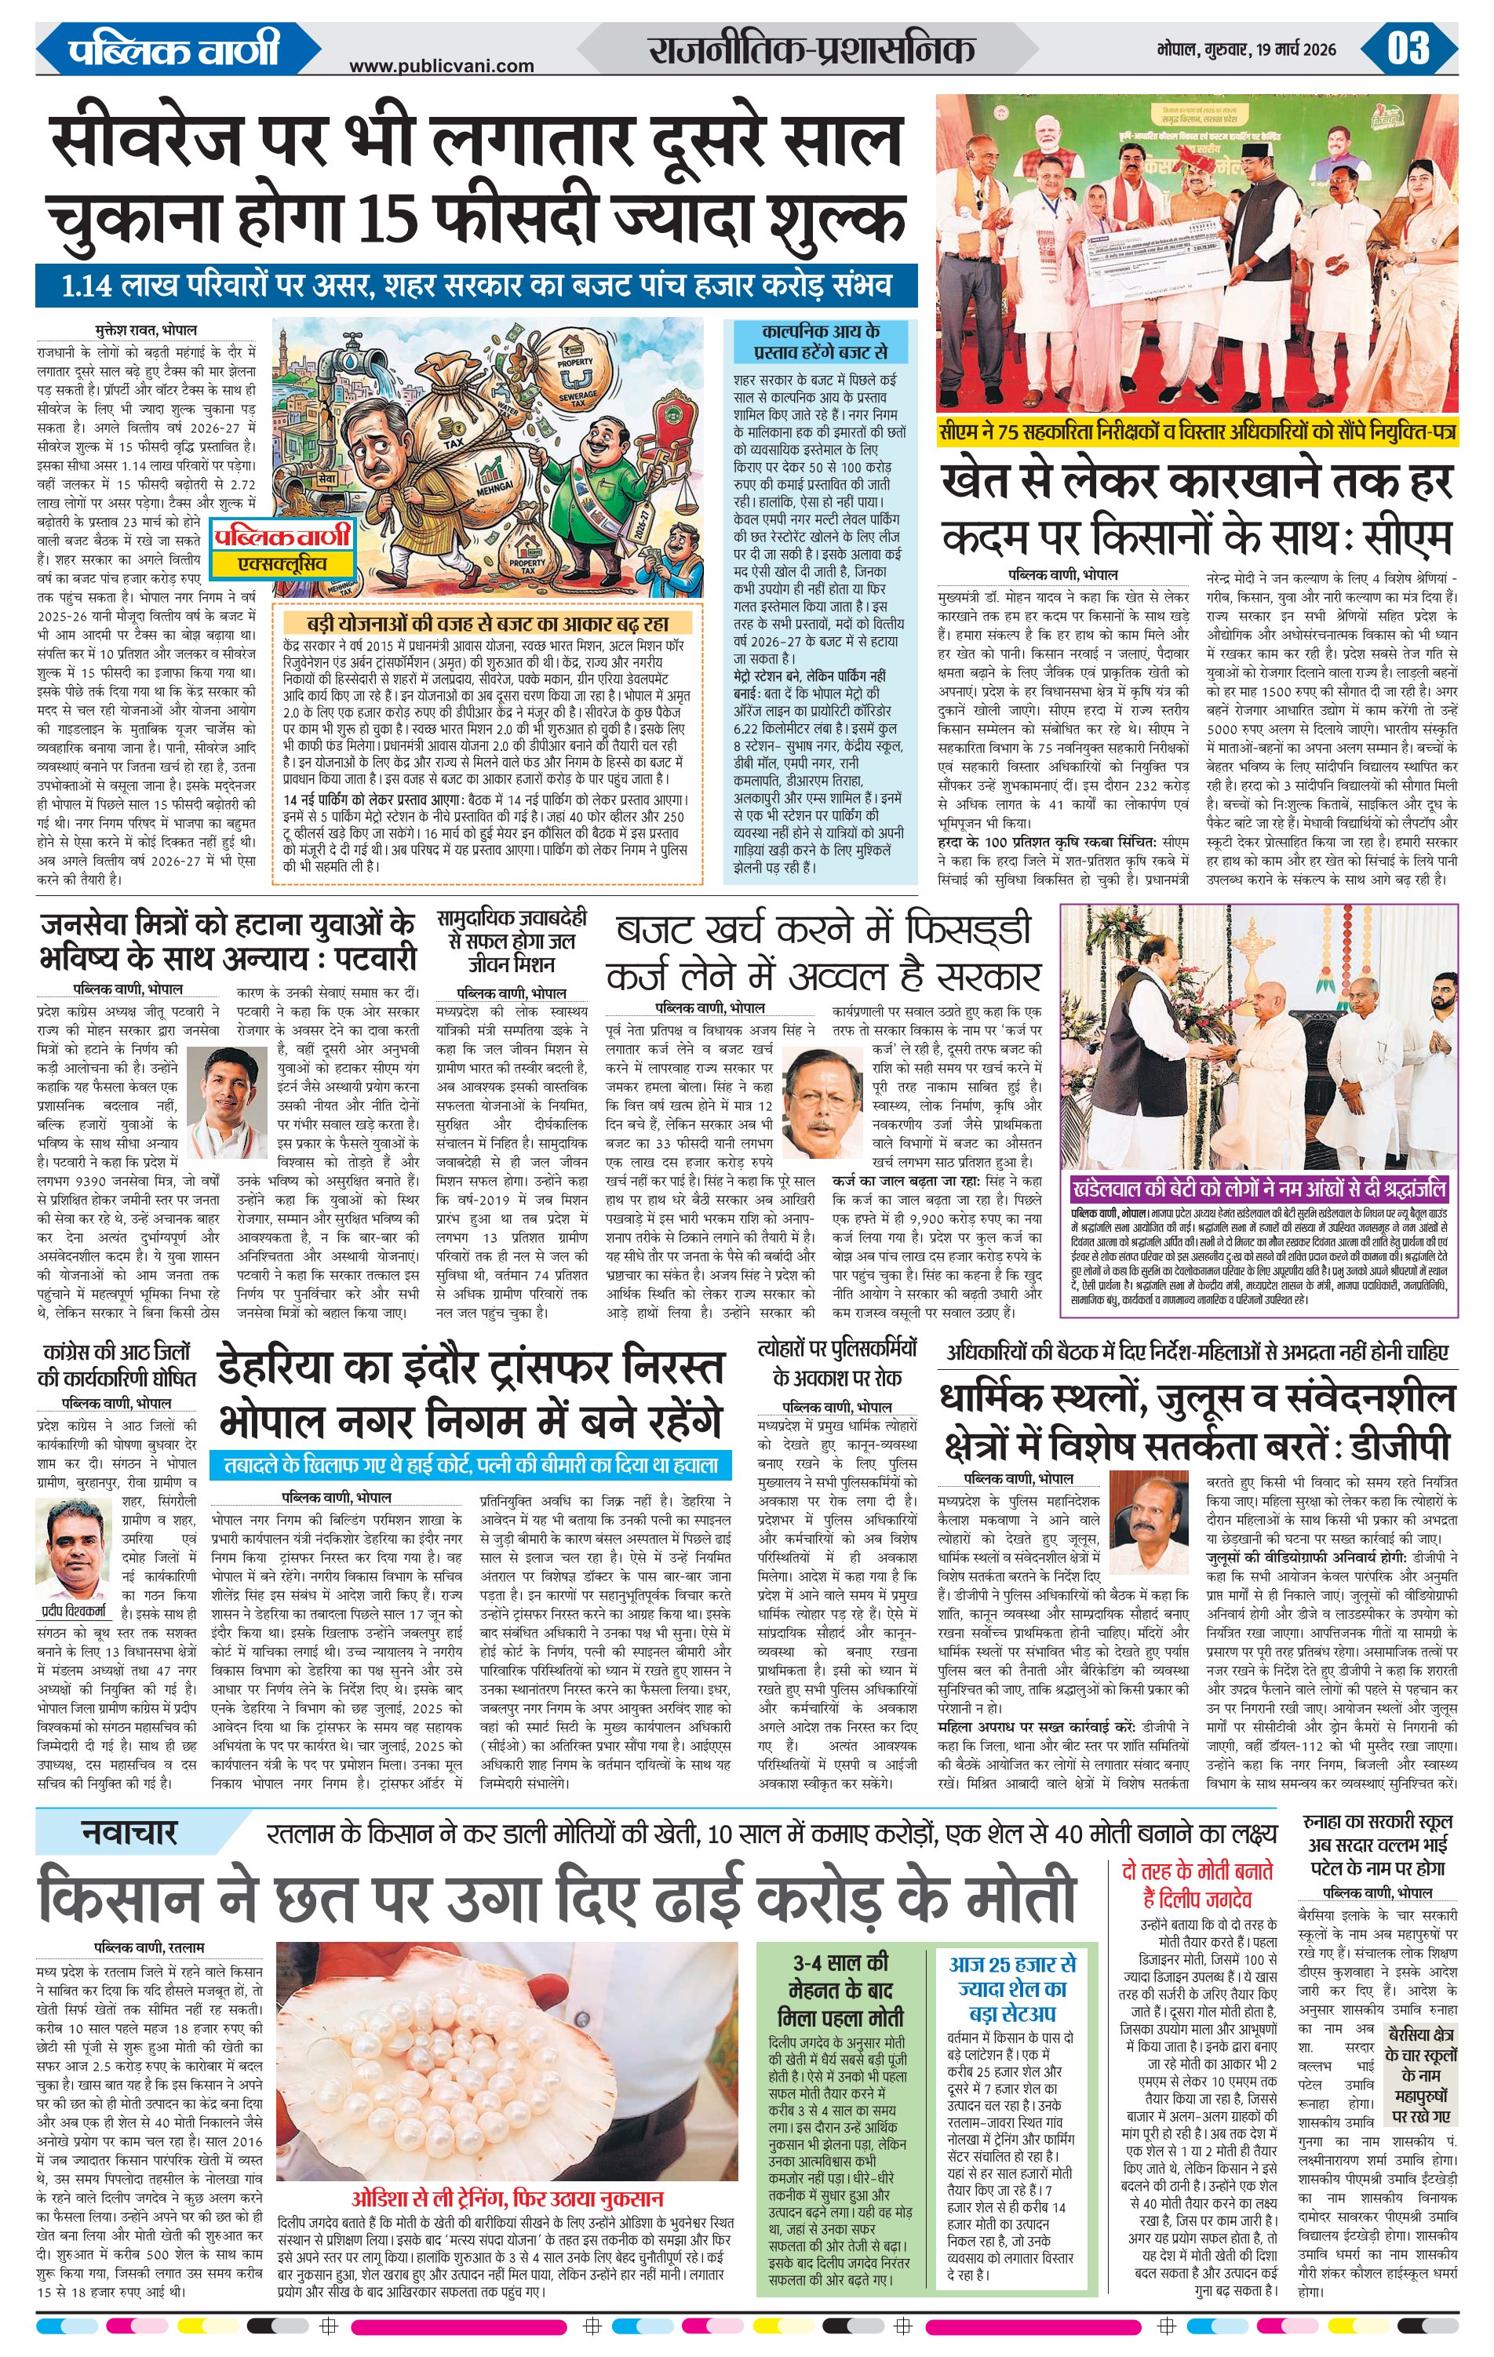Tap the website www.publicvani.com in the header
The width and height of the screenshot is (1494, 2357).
tap(442, 66)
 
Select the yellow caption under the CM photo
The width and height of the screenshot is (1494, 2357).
tap(1197, 432)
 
